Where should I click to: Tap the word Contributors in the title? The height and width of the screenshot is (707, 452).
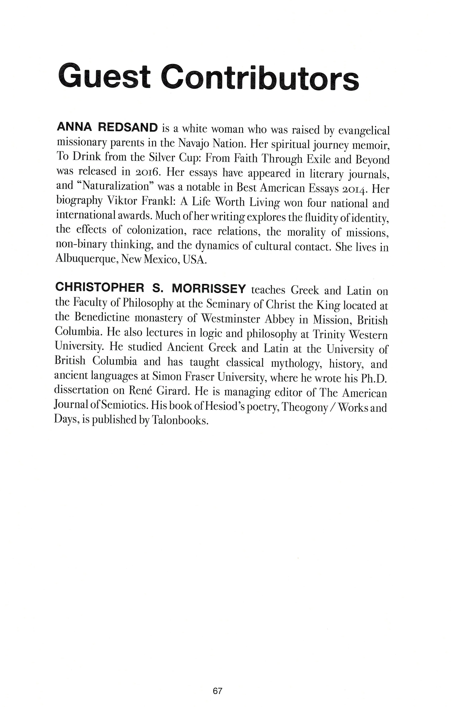coord(260,75)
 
